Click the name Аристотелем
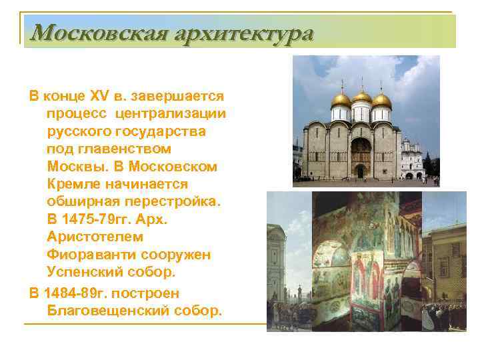click(x=95, y=236)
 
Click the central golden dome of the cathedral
click(x=361, y=97)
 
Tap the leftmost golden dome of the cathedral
click(x=341, y=101)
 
